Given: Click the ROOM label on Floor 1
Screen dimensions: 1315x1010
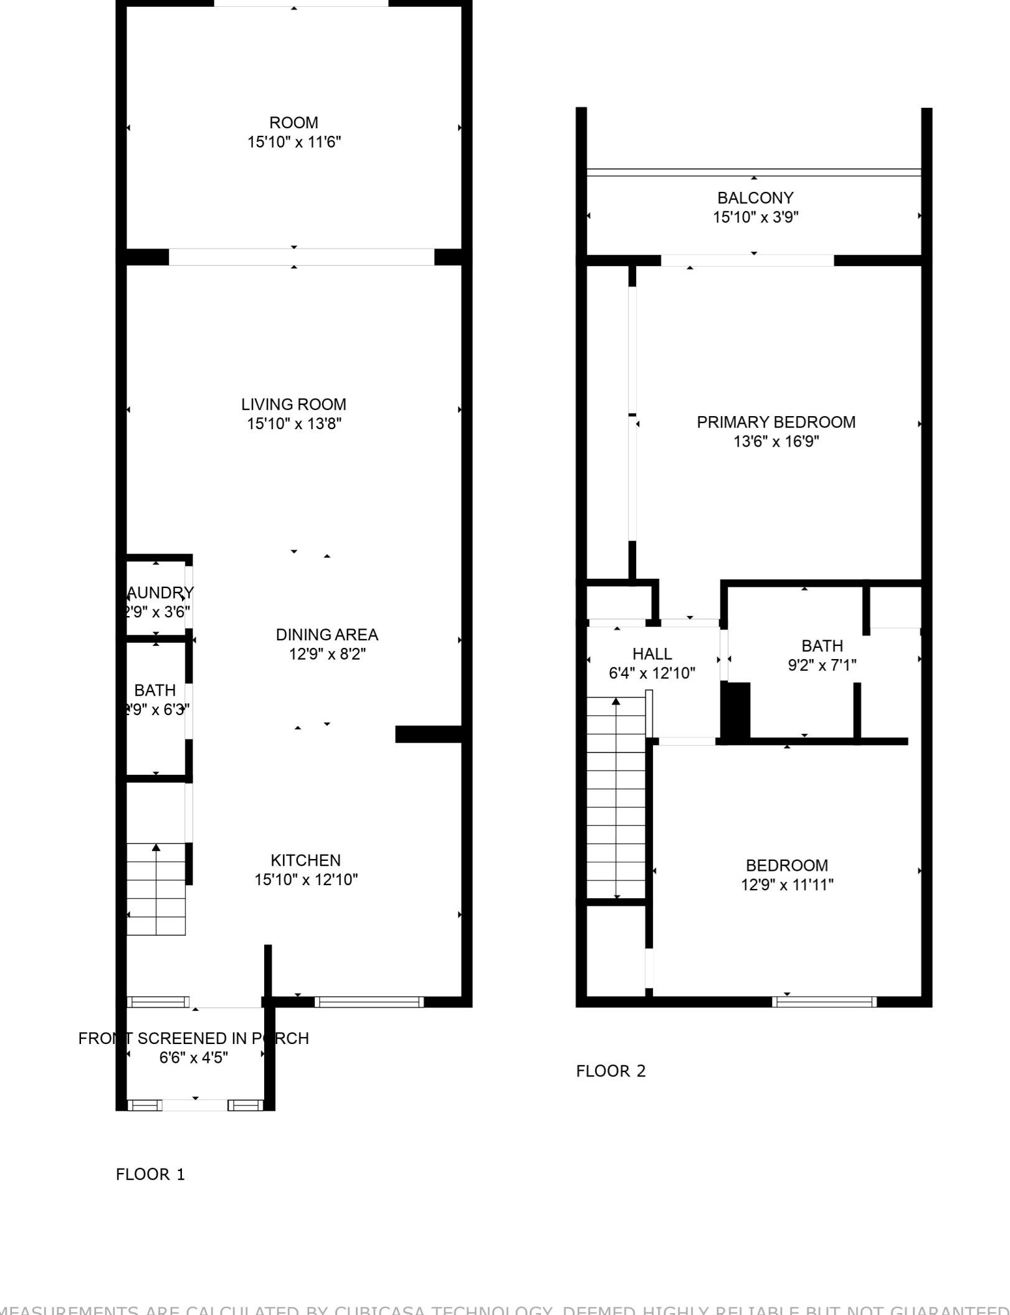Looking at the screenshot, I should click(x=293, y=123).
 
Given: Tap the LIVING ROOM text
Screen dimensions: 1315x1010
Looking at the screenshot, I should click(x=293, y=404).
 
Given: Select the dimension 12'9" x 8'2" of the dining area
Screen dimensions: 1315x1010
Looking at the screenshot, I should click(x=326, y=654).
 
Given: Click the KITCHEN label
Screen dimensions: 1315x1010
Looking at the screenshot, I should click(x=305, y=860).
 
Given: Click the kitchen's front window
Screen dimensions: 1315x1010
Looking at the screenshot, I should click(x=368, y=1002).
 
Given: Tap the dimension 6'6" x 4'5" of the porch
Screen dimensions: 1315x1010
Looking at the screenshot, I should click(x=194, y=1058).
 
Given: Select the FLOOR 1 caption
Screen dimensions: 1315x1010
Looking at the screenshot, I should click(x=150, y=1174).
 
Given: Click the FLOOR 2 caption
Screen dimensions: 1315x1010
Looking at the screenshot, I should click(x=611, y=1071).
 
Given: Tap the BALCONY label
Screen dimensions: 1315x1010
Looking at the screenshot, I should click(x=755, y=198).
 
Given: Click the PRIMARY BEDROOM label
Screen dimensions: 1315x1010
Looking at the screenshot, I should click(x=776, y=422).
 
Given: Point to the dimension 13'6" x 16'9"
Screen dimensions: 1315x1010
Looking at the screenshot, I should click(x=776, y=442).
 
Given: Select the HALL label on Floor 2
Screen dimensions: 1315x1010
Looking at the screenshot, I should click(x=652, y=653).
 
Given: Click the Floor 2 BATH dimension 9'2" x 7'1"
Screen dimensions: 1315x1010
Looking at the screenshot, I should click(x=822, y=665).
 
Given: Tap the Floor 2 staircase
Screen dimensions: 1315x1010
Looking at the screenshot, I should click(x=616, y=797).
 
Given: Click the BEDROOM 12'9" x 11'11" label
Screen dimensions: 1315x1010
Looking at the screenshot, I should click(x=786, y=866).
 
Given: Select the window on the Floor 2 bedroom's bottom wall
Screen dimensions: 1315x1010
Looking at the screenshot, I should click(x=824, y=1002).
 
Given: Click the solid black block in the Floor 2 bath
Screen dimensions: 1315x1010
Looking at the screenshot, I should click(x=735, y=710).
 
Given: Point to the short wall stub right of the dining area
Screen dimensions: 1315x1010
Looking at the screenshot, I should click(x=428, y=734).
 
